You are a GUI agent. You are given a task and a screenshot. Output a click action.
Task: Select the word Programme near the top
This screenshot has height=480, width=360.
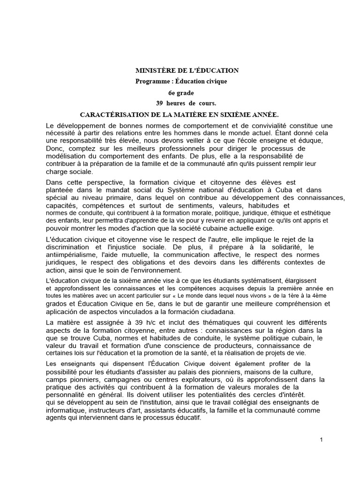[150, 81]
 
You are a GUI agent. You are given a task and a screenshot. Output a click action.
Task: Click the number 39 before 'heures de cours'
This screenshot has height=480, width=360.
[159, 103]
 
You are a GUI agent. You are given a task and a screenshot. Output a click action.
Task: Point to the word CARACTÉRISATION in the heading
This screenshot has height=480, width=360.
[110, 114]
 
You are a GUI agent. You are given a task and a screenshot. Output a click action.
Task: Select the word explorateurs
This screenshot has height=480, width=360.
[174, 380]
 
